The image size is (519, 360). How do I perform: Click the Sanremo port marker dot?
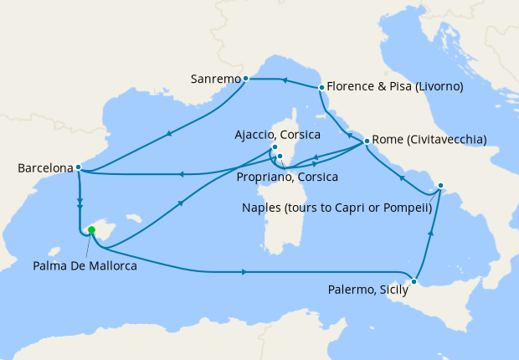point(245,79)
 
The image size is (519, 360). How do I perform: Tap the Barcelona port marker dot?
point(78,167)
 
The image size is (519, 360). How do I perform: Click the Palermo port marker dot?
point(414,281)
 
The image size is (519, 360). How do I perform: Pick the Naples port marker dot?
point(441,186)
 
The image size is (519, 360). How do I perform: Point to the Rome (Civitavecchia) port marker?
point(367,141)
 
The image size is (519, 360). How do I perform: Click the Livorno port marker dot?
point(321,87)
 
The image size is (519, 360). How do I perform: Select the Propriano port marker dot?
point(281,156)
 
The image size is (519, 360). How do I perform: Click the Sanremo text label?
point(215,80)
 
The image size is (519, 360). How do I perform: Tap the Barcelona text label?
point(44,168)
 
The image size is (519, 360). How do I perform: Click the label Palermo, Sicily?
point(366,291)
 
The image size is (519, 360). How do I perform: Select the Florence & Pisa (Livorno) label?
point(395,86)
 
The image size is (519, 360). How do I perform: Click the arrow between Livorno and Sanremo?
point(284,81)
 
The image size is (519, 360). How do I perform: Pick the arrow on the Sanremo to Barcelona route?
point(170,133)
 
